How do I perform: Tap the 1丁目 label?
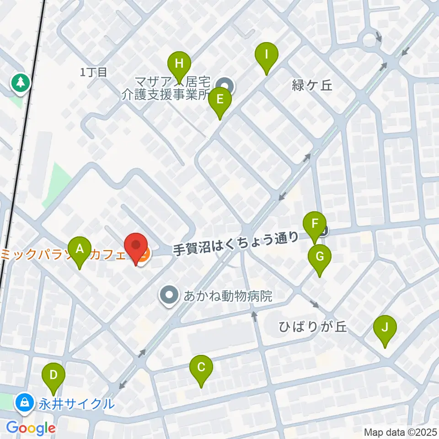pos(93,72)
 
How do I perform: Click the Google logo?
pos(31,428)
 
